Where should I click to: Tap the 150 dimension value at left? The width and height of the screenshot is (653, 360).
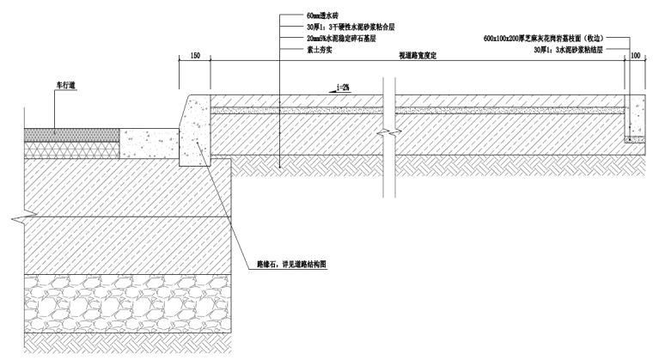[194, 55]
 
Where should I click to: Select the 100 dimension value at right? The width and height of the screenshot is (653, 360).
[635, 55]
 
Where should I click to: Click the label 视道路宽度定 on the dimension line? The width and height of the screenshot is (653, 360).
[418, 55]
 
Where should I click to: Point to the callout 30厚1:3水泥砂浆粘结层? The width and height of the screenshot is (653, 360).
[568, 51]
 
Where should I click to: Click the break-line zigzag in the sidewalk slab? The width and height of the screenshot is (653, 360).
[394, 134]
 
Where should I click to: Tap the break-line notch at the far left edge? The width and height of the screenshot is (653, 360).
[16, 220]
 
